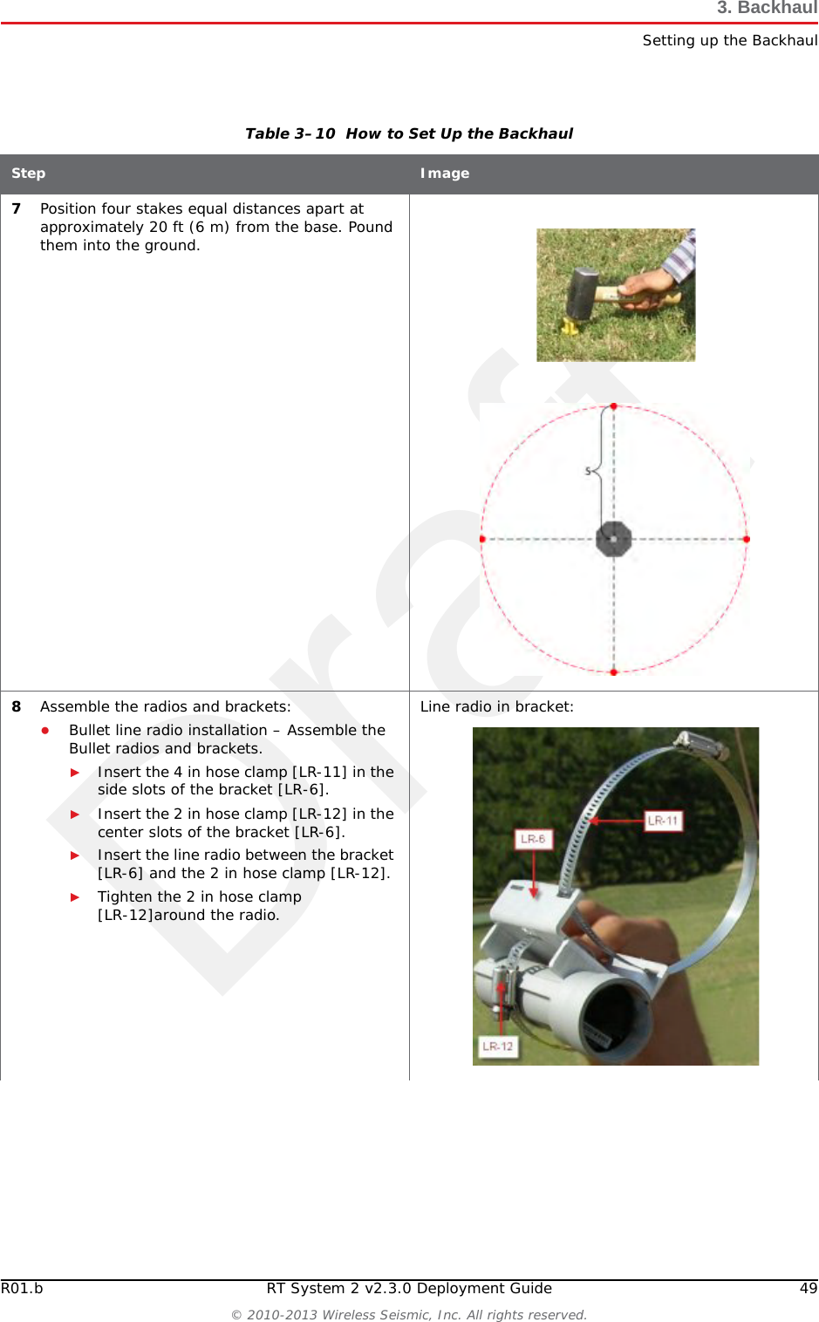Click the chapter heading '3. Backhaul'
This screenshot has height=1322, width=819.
[767, 8]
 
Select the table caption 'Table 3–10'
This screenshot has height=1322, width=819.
[290, 133]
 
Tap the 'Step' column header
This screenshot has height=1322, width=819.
[28, 174]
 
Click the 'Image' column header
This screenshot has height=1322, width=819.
[444, 174]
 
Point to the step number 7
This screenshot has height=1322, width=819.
[16, 208]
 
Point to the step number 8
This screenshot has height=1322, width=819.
[16, 706]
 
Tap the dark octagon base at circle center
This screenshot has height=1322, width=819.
[613, 539]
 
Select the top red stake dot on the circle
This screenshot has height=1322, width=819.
[613, 406]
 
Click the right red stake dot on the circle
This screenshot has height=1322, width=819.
[747, 539]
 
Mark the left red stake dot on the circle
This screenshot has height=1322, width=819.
[481, 539]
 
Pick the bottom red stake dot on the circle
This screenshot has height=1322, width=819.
[613, 672]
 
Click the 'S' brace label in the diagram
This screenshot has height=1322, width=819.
[589, 471]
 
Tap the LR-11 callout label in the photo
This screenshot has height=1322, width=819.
[662, 821]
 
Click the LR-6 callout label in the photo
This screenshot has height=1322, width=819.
[532, 839]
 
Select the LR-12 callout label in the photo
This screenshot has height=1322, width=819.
[497, 1046]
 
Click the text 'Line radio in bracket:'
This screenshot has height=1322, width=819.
[496, 706]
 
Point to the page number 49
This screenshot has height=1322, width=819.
[809, 1288]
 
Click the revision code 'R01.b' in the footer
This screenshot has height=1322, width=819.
[22, 1288]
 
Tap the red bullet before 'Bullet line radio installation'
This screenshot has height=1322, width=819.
[45, 730]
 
